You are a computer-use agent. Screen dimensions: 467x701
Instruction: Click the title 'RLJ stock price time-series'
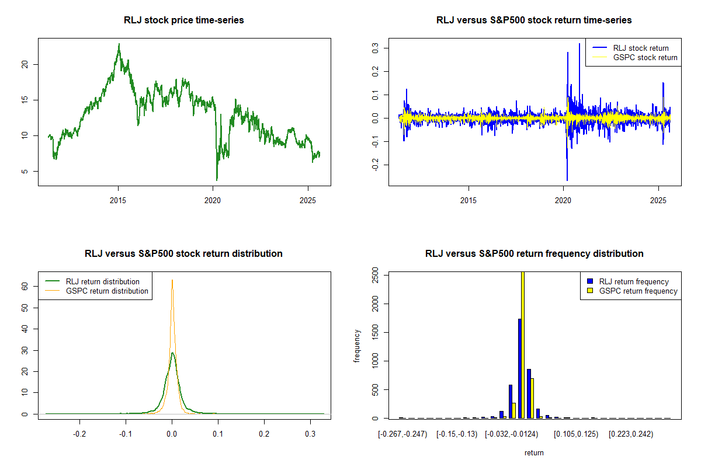[x=184, y=20]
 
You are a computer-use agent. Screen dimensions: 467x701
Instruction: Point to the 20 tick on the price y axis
[x=25, y=64]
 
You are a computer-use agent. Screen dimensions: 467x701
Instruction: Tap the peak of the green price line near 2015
[x=119, y=44]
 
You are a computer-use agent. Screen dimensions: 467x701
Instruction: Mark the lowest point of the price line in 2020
[x=217, y=180]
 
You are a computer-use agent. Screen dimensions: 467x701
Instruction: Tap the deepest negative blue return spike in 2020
[x=567, y=180]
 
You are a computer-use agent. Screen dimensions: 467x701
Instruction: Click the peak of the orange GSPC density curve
[x=172, y=280]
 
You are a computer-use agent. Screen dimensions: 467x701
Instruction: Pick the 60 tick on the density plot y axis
[x=25, y=286]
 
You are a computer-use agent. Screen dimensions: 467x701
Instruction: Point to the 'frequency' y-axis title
[x=357, y=346]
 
